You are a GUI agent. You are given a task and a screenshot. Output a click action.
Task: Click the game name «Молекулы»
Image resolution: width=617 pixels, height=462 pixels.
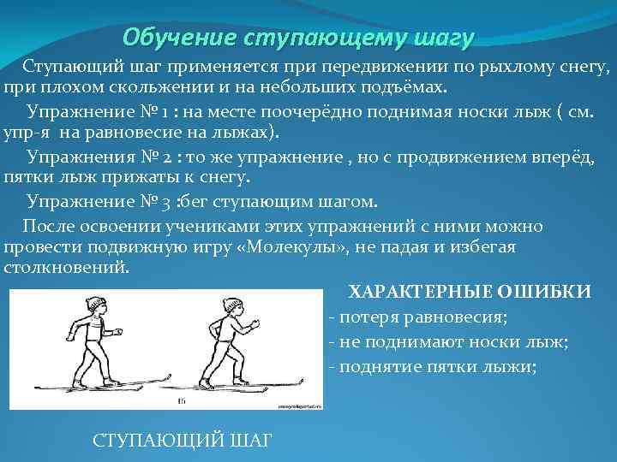[279, 247]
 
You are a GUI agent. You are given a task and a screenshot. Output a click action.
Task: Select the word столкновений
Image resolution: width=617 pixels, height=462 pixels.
[66, 267]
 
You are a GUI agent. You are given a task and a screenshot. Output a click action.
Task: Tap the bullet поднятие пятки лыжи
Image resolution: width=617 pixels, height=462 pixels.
[432, 367]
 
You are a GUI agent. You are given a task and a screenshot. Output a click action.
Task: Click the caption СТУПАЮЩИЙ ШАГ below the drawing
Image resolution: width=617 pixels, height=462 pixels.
[182, 440]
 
